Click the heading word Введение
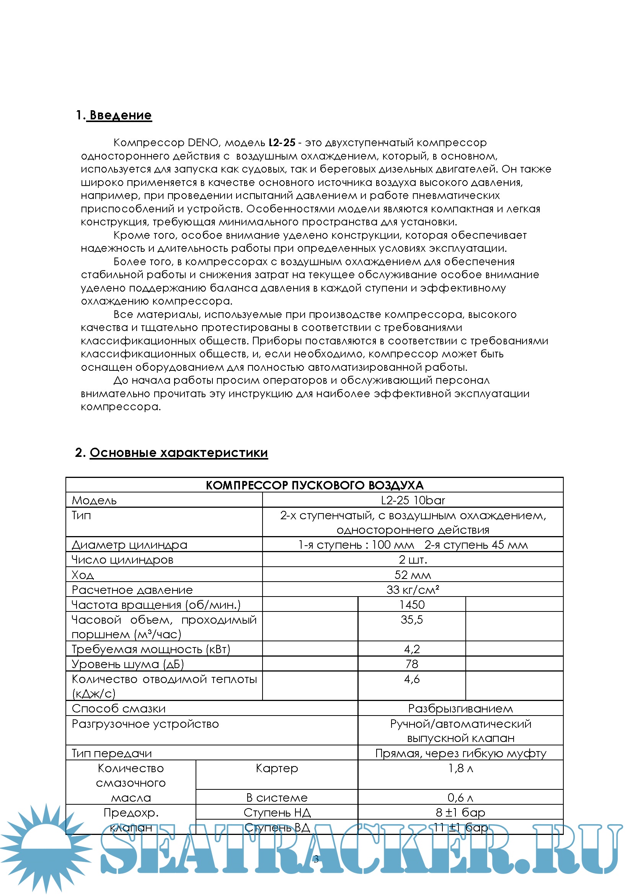click(x=121, y=116)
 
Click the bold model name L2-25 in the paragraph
click(x=282, y=143)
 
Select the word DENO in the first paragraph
click(x=203, y=143)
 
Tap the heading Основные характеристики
click(x=178, y=453)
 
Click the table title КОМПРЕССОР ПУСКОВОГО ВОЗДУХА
click(x=314, y=485)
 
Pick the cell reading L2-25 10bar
click(x=413, y=500)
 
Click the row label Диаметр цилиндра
click(x=129, y=544)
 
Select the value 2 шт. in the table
click(x=413, y=560)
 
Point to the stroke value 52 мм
click(x=413, y=575)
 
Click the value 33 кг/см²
click(x=413, y=590)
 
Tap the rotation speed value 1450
click(x=412, y=605)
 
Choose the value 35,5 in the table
click(x=412, y=620)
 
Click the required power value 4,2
click(x=412, y=649)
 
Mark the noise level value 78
click(x=412, y=664)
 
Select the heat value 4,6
click(x=412, y=679)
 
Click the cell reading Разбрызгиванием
click(x=460, y=708)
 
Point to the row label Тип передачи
click(x=111, y=753)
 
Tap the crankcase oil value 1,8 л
click(x=460, y=768)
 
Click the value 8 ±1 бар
click(x=460, y=813)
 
